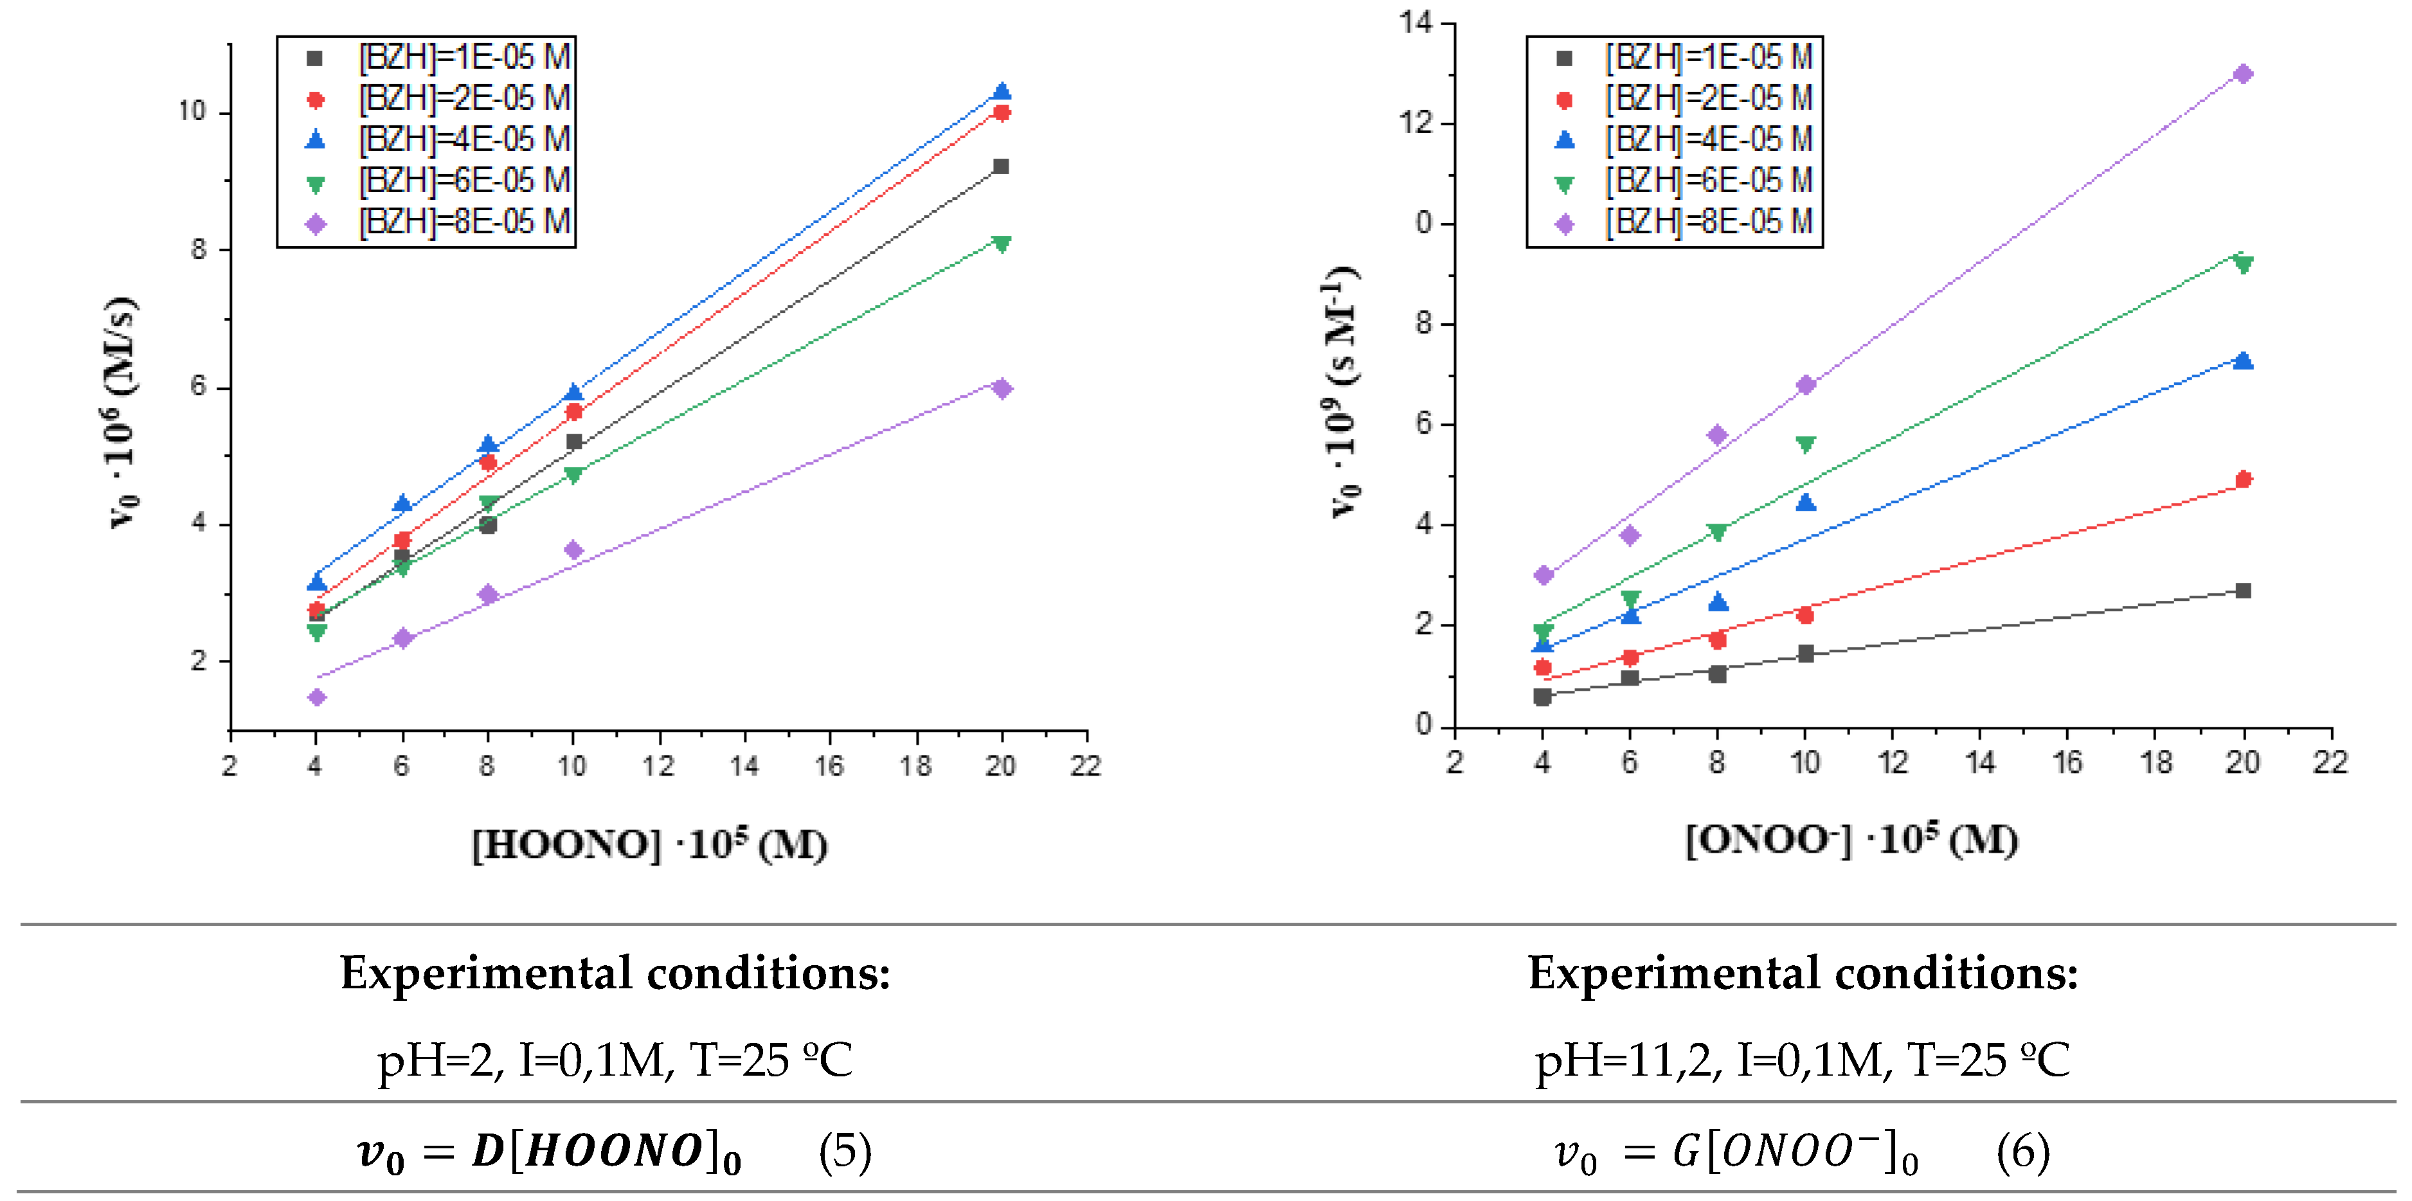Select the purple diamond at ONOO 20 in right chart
[x=2242, y=73]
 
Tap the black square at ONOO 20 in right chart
[x=2242, y=591]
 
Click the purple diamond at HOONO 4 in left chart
[x=316, y=697]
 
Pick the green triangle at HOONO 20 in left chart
[x=1001, y=244]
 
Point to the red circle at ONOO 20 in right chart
[x=2242, y=479]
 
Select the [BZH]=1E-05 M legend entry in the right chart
[x=1709, y=58]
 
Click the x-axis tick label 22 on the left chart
[x=1086, y=766]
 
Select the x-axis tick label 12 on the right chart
[x=1893, y=762]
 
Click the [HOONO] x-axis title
[x=650, y=844]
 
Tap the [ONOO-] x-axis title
[x=1851, y=840]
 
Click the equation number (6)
[x=2022, y=1152]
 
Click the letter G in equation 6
[x=1686, y=1152]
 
